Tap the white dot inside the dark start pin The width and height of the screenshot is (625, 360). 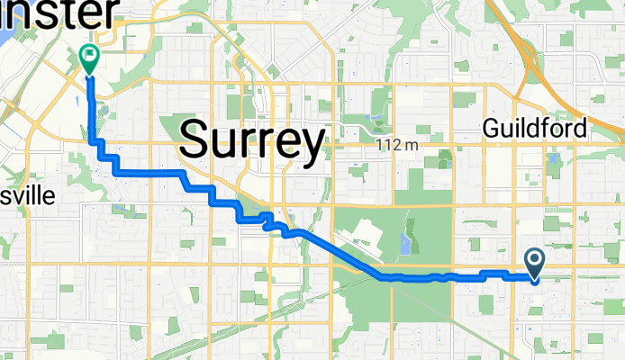click(534, 261)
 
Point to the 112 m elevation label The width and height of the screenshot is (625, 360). click(399, 144)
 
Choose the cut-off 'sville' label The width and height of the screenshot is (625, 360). click(28, 196)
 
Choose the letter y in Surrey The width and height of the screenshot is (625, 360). click(311, 144)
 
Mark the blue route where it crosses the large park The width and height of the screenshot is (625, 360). click(405, 278)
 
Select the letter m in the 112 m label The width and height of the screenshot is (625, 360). click(412, 144)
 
